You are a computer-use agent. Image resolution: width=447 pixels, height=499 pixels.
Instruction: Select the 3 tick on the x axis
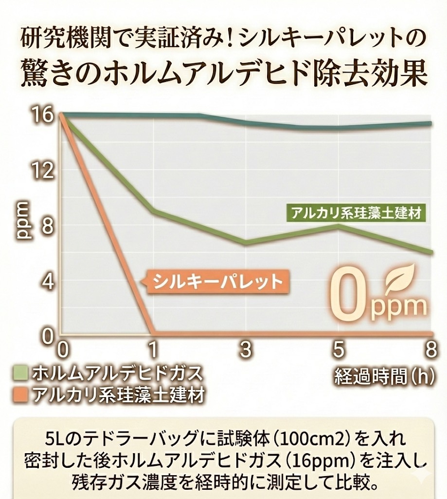coord(246,349)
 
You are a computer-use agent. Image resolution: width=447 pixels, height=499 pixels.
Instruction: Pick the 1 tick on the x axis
coord(153,349)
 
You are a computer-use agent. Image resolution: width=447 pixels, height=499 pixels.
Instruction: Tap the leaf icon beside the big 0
coord(400,279)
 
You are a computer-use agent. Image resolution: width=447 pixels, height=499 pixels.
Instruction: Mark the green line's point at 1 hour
coord(153,211)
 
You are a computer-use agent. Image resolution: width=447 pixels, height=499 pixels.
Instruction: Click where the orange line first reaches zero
coord(153,333)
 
